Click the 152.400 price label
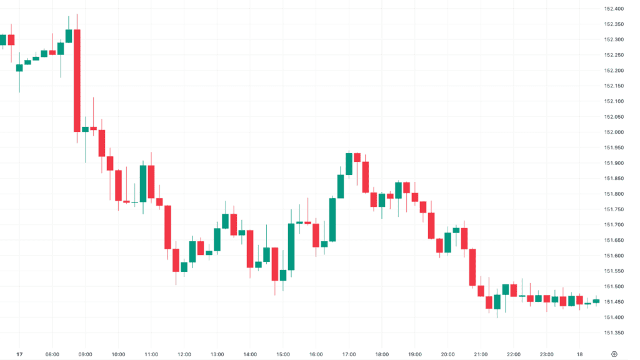coord(614,9)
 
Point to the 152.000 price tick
coord(614,132)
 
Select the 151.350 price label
coord(614,332)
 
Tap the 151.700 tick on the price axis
coord(614,224)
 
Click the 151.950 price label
coord(614,147)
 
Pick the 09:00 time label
coord(86,354)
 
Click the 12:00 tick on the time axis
coord(184,354)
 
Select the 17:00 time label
coord(349,354)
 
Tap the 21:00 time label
coord(481,354)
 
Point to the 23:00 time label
coord(546,354)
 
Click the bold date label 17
coord(19,354)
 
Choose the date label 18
coord(579,354)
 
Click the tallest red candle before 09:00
coord(77,80)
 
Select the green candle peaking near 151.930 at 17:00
coord(349,164)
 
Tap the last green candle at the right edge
coord(596,301)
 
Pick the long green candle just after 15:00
coord(291,246)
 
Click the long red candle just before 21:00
coord(472,267)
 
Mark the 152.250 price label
coord(614,55)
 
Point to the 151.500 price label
coord(614,286)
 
